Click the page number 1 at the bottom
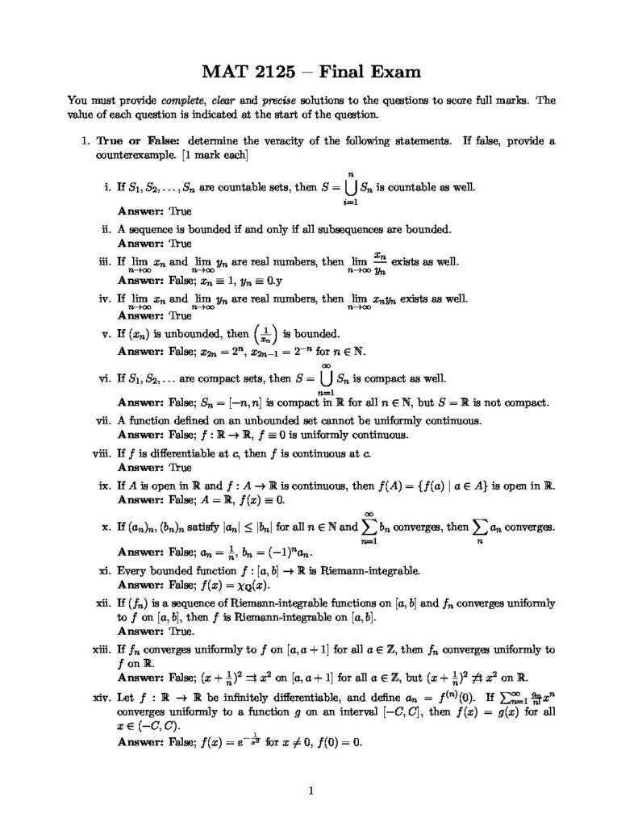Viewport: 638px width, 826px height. click(x=311, y=791)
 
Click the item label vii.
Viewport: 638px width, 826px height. click(x=102, y=420)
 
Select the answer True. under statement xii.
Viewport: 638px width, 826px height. click(x=181, y=632)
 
